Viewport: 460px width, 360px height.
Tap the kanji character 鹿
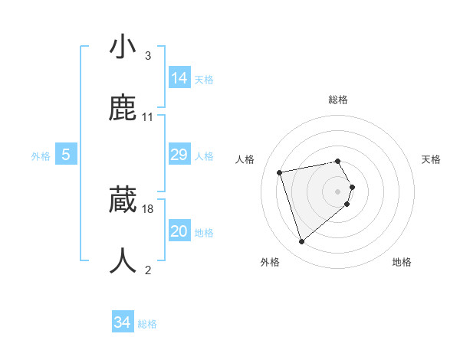click(123, 110)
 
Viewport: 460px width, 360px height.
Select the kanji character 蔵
click(123, 201)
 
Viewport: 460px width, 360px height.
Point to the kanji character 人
click(123, 260)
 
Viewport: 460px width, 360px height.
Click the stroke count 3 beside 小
click(147, 56)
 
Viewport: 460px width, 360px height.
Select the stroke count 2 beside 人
click(147, 269)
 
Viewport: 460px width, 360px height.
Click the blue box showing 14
click(179, 77)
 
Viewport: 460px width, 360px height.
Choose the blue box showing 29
click(179, 155)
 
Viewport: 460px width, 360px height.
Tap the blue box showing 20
click(179, 231)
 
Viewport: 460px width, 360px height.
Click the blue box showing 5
click(66, 155)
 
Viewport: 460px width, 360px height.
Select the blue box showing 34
click(123, 322)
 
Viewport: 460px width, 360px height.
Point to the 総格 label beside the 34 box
click(147, 324)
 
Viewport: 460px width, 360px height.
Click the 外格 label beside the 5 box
click(41, 156)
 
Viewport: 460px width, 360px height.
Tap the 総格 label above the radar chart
click(338, 100)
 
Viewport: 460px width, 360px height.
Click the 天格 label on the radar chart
click(432, 159)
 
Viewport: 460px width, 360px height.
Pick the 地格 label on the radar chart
click(402, 262)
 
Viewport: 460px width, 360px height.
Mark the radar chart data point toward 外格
click(301, 242)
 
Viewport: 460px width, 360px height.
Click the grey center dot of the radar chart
click(338, 191)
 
